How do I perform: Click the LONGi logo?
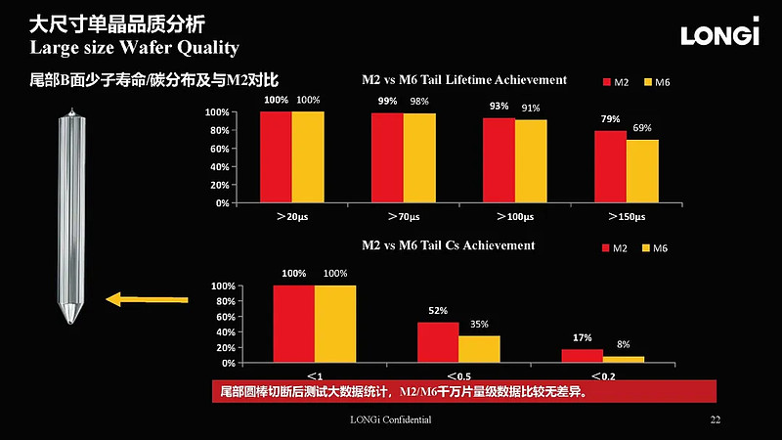719,35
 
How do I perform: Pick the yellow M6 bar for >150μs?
642,171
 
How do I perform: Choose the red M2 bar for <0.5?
438,342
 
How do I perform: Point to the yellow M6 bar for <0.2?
624,359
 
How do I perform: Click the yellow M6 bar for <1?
335,324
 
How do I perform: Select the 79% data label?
610,119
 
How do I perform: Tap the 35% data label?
479,325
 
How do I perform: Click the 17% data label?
582,337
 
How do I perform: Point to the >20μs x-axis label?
291,216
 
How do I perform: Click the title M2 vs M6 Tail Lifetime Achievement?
464,79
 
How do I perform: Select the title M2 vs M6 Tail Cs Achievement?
449,245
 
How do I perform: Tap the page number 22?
715,419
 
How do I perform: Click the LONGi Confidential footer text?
390,419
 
